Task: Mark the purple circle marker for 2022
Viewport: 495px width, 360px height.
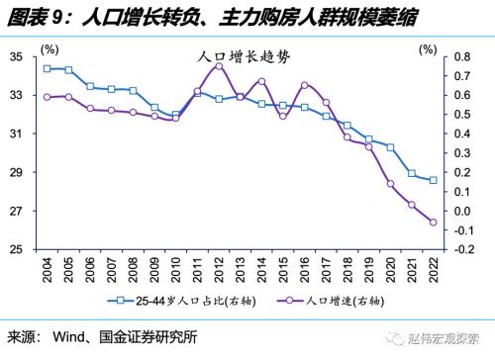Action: coord(433,222)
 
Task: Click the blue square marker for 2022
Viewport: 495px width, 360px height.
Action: coord(433,180)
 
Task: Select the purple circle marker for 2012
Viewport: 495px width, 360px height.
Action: coord(219,65)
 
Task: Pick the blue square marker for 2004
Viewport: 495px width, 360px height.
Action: coord(48,68)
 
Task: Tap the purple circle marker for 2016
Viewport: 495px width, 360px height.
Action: coord(304,85)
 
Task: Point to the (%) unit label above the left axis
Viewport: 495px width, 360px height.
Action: coord(47,47)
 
